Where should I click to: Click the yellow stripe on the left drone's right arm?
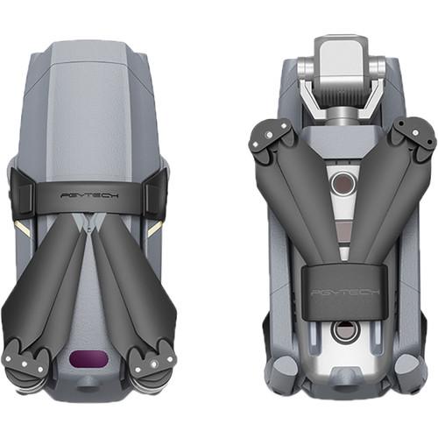pos(156,226)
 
